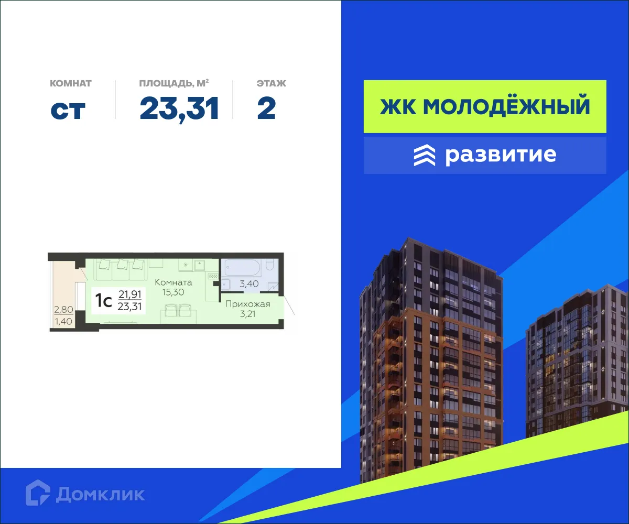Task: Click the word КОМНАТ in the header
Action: pos(71,83)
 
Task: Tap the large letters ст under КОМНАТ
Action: pos(68,109)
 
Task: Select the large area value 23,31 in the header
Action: pos(179,109)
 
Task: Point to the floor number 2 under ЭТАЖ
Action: pos(266,109)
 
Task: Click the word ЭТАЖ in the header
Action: pos(271,83)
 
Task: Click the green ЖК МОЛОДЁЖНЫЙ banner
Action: pos(485,106)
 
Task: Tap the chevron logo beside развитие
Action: pos(424,155)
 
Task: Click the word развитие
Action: pos(500,155)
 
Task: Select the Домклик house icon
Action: pos(38,493)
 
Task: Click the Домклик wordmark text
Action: pos(100,494)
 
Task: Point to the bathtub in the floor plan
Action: pos(241,268)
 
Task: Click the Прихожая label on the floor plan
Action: pos(247,304)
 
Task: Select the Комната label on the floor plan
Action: pos(173,282)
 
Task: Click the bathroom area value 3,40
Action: pos(249,285)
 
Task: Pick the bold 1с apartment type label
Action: pos(103,300)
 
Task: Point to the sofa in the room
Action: pos(121,269)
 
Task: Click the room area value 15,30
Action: pos(173,292)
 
